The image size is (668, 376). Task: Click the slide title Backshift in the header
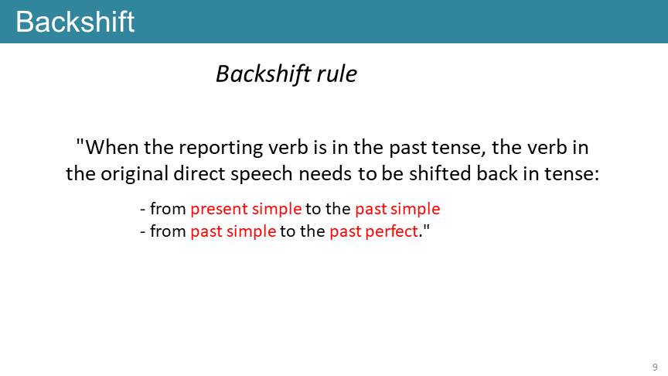[x=75, y=22]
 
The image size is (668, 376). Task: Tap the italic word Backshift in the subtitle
[x=263, y=74]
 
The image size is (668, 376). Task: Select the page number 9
[x=655, y=367]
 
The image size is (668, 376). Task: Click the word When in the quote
[x=112, y=148]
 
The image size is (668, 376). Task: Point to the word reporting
[x=221, y=149]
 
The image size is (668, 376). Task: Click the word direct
[x=199, y=173]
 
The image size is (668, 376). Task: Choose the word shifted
[x=440, y=173]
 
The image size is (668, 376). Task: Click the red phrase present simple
[x=246, y=209]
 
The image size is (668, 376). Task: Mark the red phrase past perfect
[x=373, y=231]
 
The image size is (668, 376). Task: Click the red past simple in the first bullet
[x=397, y=209]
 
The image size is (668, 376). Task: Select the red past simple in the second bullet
[x=233, y=231]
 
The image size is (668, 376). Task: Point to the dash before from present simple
[x=143, y=210]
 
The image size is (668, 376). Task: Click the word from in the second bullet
[x=168, y=231]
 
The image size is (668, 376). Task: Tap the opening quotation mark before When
[x=80, y=143]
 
